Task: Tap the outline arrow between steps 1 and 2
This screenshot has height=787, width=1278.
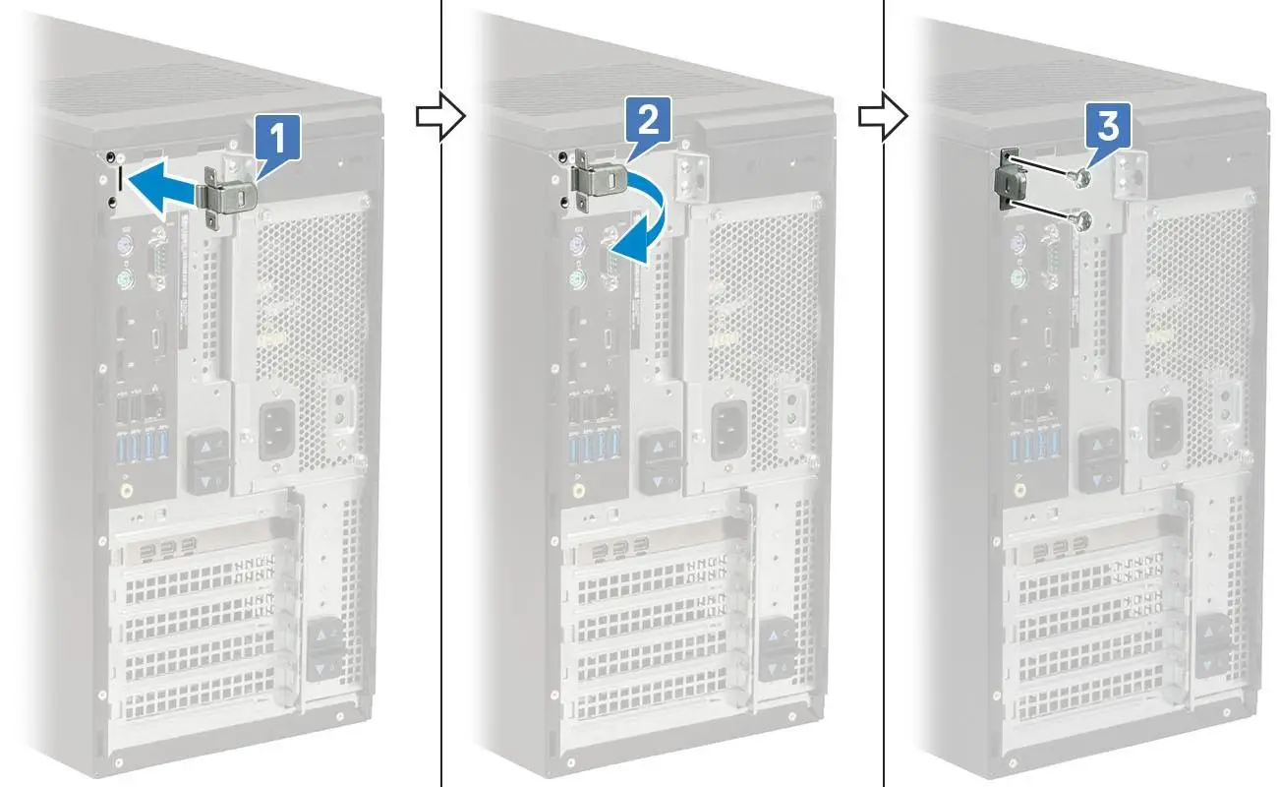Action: tap(436, 117)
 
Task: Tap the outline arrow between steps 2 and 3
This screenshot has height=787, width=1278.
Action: tap(878, 117)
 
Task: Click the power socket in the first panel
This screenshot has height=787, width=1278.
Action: tap(275, 425)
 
